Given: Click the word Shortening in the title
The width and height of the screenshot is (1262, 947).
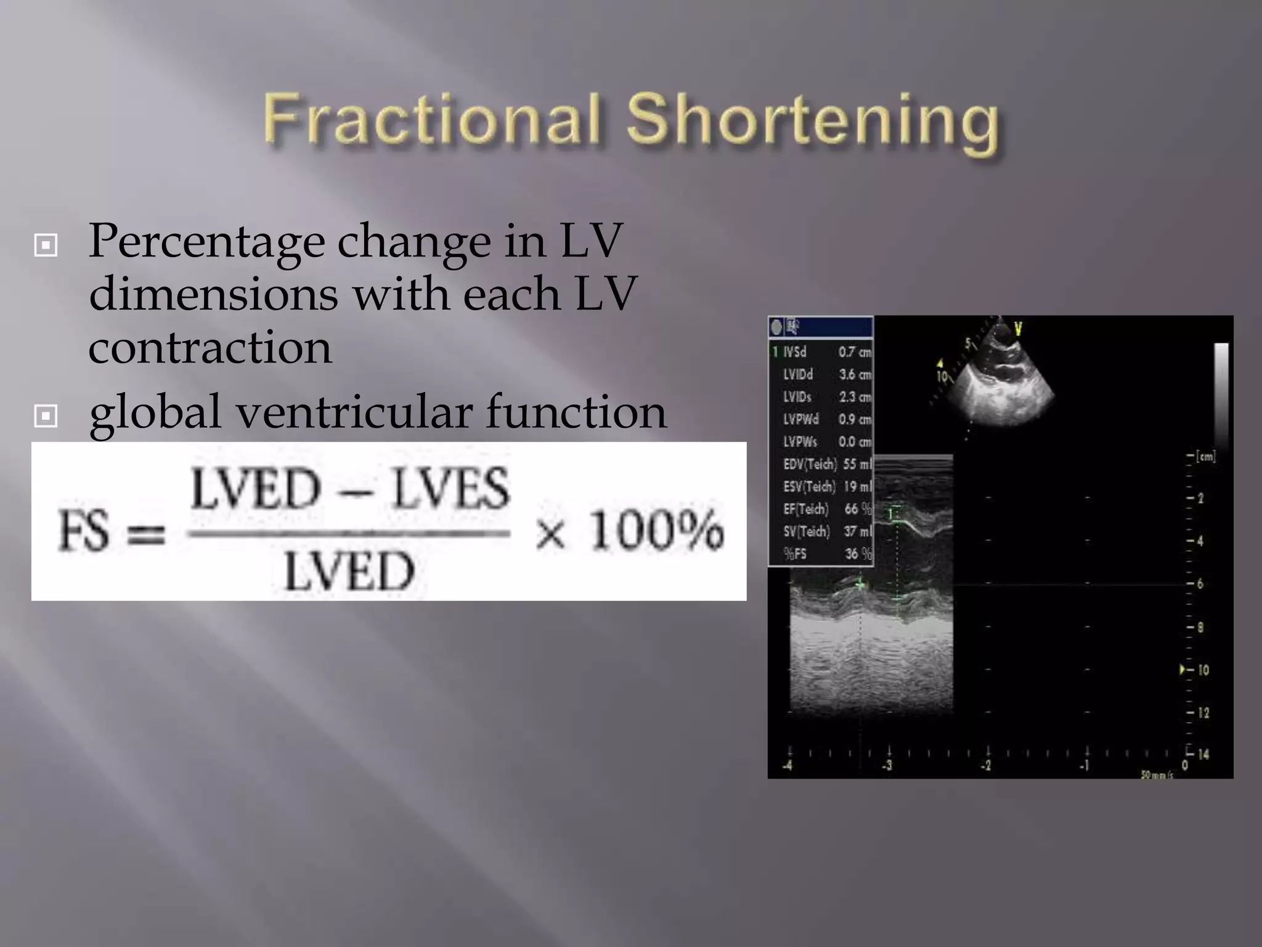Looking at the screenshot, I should [x=812, y=122].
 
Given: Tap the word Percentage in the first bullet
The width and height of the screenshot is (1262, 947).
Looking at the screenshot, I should [x=206, y=242].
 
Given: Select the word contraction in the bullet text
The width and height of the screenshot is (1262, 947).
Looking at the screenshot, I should [x=210, y=348].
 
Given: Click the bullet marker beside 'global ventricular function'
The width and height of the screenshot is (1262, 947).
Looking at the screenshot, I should [x=46, y=416].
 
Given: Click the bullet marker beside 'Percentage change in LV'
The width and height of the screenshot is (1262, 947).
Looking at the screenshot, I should [x=46, y=245].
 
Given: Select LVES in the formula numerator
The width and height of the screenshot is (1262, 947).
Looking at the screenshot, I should [x=451, y=488].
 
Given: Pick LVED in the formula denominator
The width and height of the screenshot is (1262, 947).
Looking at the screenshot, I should [x=349, y=572].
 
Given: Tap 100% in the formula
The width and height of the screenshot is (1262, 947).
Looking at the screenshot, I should [x=656, y=530].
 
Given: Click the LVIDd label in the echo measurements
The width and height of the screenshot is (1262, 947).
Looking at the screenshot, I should [x=797, y=374].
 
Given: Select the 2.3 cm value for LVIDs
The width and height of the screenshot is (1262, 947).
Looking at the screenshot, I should [x=855, y=397].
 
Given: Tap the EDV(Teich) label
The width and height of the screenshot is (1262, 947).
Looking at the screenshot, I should [x=810, y=464].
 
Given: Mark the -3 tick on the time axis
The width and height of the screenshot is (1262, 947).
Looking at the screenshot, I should [x=887, y=766].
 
